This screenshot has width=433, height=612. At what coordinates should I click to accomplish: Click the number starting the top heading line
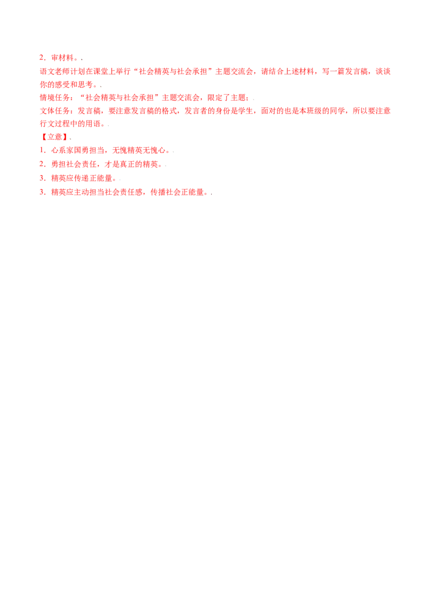[41, 57]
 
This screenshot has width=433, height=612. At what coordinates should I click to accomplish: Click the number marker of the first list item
[41, 150]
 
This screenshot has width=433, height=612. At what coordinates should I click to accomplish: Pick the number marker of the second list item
[41, 164]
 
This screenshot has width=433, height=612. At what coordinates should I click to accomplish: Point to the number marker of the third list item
[41, 177]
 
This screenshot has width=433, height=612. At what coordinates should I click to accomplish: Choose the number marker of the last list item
[41, 191]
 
